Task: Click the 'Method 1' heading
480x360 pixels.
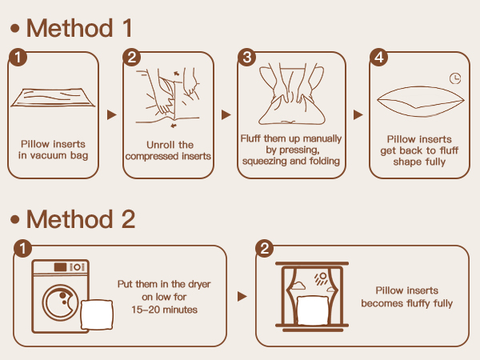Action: tap(79, 28)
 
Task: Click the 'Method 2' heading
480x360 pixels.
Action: tap(81, 219)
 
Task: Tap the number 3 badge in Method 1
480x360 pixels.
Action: tap(246, 57)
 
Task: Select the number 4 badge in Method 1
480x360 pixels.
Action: tap(378, 57)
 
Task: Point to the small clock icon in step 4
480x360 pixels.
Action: tap(455, 78)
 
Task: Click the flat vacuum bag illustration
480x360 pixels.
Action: tap(53, 98)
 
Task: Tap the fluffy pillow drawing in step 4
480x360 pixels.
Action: tap(421, 102)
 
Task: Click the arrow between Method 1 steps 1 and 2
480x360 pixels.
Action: tap(112, 114)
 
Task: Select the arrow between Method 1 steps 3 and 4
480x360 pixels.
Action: tap(358, 114)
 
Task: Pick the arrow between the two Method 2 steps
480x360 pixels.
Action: tap(242, 296)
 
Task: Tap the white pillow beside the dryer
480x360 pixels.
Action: tap(97, 314)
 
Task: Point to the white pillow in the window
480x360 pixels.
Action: tap(313, 310)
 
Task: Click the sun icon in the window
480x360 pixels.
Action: tap(321, 278)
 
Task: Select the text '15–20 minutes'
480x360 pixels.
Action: tap(164, 310)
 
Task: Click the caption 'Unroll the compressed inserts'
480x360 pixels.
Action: tap(168, 150)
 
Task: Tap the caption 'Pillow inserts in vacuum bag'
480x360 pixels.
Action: tap(53, 150)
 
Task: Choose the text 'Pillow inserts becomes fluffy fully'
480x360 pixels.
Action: tap(407, 297)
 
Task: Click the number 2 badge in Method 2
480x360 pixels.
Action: tap(265, 248)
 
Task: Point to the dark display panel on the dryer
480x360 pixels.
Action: tap(60, 267)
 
